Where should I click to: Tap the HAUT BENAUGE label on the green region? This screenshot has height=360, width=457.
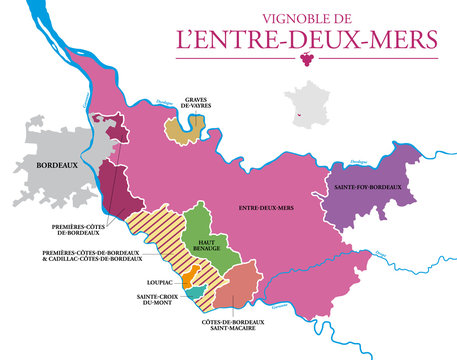point(207,245)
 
